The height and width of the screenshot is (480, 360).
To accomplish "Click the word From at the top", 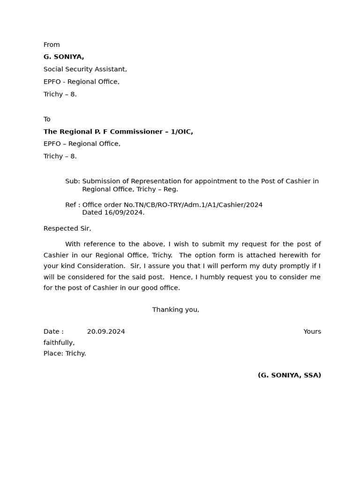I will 52,45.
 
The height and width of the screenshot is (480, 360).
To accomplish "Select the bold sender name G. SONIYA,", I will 64,57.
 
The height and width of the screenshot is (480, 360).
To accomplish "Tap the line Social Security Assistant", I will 85,69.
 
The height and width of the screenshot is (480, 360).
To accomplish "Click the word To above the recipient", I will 47,119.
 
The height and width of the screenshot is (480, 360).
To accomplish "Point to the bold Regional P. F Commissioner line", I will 118,132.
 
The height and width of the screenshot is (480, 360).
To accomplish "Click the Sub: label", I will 72,181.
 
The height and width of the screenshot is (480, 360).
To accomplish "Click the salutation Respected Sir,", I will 67,229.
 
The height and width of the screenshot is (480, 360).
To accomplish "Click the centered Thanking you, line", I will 176,310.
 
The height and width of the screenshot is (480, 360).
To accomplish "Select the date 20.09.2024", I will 106,332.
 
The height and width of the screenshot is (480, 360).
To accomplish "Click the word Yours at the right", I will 312,332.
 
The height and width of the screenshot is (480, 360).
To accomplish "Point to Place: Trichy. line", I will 65,353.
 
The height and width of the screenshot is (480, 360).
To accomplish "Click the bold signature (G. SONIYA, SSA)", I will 289,375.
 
